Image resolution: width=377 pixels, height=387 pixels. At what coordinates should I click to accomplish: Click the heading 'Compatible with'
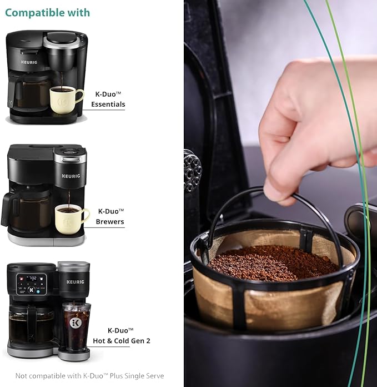click(48, 12)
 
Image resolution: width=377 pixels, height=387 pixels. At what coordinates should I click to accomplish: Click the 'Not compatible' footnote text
click(89, 376)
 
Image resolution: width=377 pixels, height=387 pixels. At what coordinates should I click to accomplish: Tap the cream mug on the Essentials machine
click(64, 100)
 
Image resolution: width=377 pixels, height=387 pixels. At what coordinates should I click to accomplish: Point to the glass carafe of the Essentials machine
click(28, 95)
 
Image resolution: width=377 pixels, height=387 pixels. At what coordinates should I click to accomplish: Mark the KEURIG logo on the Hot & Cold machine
click(75, 282)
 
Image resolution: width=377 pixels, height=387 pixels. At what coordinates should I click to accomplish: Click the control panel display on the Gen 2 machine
click(32, 284)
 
